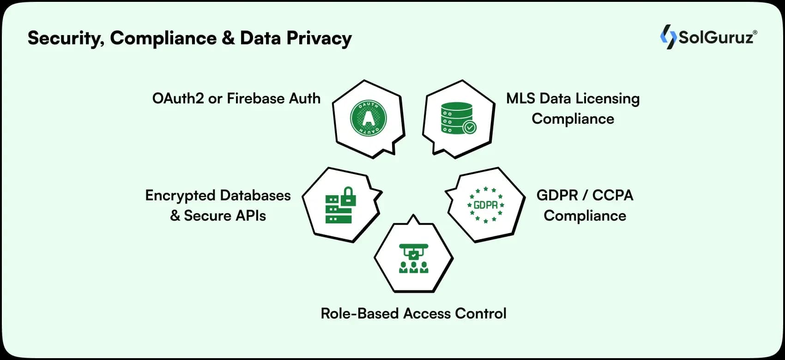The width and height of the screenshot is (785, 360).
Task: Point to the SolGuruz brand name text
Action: click(x=715, y=37)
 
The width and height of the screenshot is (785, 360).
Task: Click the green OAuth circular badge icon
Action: click(x=368, y=118)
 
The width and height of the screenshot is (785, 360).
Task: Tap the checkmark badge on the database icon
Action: click(x=470, y=127)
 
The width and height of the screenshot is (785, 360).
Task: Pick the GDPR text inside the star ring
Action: click(x=486, y=204)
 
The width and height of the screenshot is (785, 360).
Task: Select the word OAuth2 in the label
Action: click(x=178, y=98)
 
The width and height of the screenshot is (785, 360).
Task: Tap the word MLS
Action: click(x=520, y=98)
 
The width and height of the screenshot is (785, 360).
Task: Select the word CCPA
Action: click(x=612, y=195)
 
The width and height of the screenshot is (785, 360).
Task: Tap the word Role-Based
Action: click(x=360, y=313)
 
